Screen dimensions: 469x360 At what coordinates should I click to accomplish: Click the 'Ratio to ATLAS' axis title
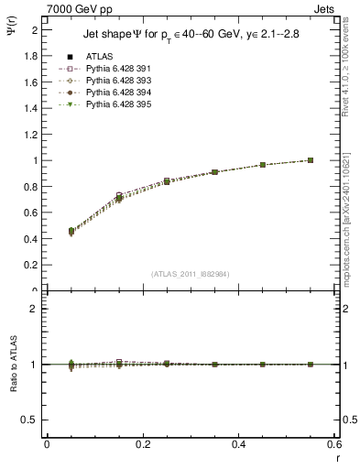tap(13, 364)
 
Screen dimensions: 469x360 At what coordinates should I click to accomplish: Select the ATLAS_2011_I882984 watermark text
tap(189, 274)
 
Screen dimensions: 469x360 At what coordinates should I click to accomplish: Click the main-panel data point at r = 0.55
tap(311, 160)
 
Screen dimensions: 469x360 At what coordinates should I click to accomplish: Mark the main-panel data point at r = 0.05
tap(47, 232)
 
